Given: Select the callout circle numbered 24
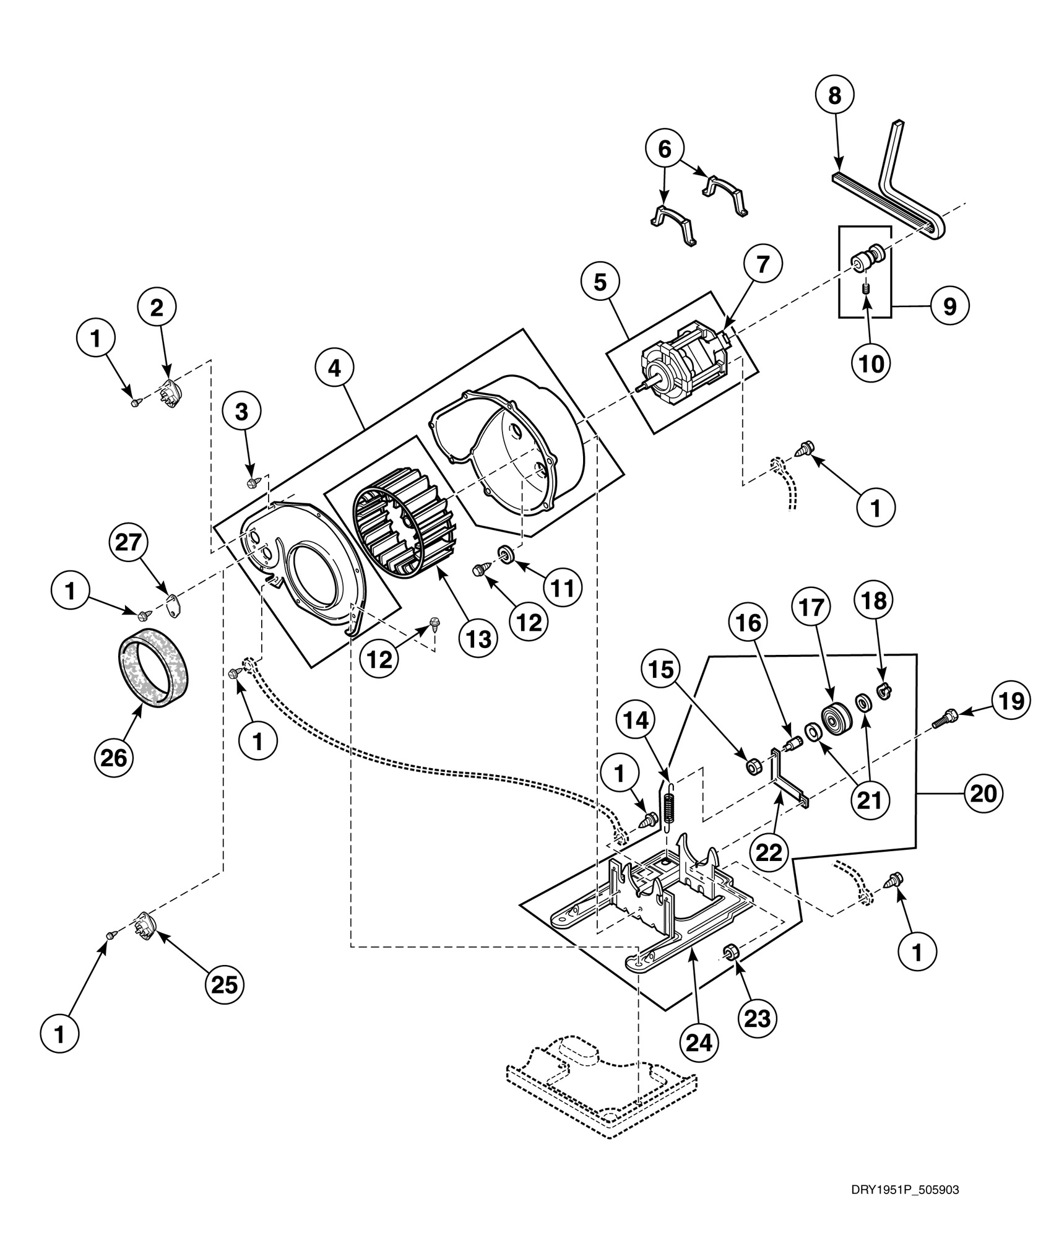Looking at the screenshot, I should click(699, 1042).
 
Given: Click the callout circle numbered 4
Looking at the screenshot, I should click(334, 369).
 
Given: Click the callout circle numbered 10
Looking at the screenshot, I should click(872, 364).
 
